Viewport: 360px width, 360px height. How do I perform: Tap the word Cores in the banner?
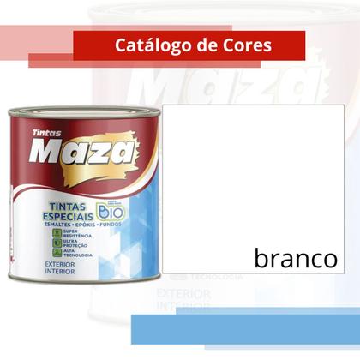pos(248,45)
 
